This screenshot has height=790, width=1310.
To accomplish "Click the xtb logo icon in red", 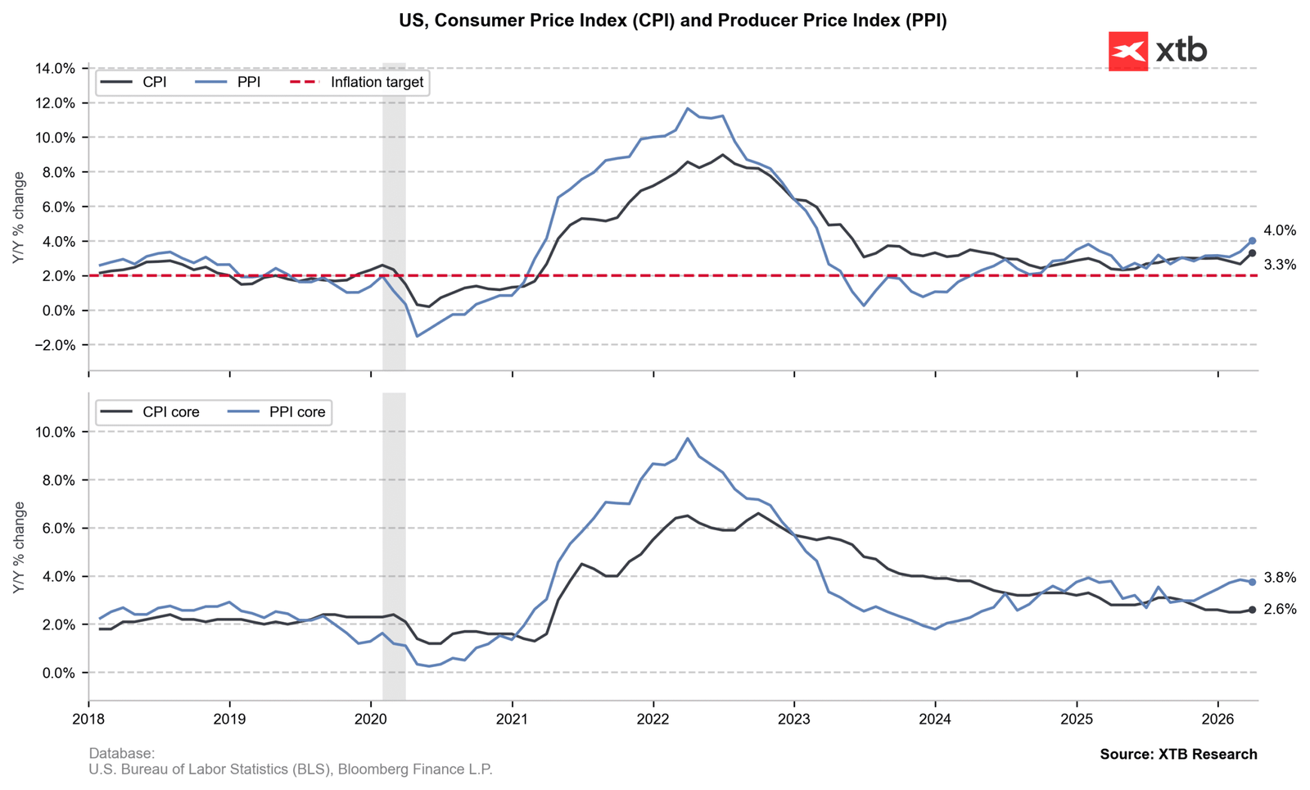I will [x=1127, y=51].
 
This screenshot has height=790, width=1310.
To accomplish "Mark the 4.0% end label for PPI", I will [x=1280, y=231].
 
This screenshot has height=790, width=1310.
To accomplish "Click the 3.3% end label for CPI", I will [x=1280, y=265].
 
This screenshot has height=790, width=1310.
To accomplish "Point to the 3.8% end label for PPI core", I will [x=1280, y=578].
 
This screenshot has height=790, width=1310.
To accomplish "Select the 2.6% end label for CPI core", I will [x=1280, y=610].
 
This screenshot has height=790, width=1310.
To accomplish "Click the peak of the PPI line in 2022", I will [x=688, y=108].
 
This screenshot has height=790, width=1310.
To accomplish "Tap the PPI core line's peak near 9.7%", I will [x=688, y=438].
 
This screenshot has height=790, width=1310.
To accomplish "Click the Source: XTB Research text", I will [x=1178, y=754].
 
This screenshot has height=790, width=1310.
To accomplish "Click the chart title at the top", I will [x=672, y=20].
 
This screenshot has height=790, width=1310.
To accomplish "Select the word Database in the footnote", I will [x=120, y=753].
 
